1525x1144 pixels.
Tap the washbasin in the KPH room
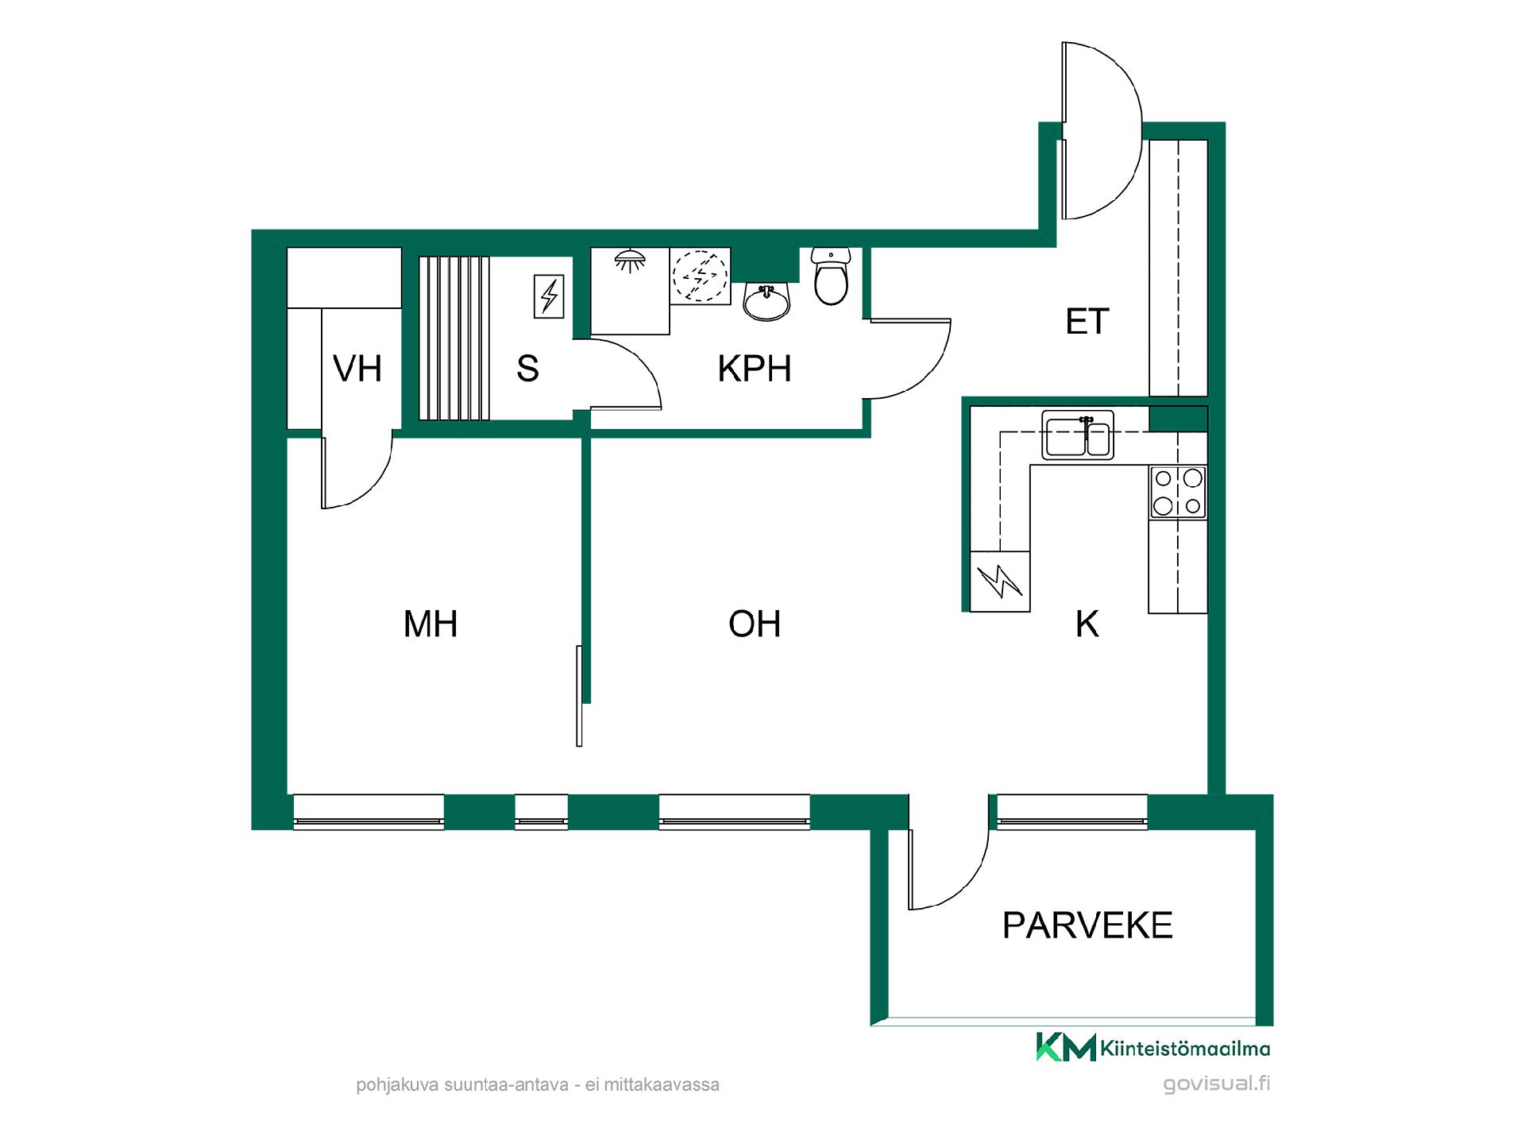[x=766, y=301]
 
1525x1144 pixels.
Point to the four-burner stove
[x=1178, y=493]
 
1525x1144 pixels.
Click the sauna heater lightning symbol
[x=549, y=296]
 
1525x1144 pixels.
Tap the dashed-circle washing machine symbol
[x=700, y=276]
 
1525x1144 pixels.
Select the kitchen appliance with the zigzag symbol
[x=1000, y=581]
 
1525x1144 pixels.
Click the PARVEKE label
[x=1087, y=926]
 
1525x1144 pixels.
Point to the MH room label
[x=430, y=624]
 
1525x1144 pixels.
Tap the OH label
[x=755, y=624]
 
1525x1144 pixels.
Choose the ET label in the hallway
[x=1087, y=322]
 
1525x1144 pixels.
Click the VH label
[x=357, y=369]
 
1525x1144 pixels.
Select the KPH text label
[x=755, y=369]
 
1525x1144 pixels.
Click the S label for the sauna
[x=527, y=369]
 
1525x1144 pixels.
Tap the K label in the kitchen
[x=1087, y=624]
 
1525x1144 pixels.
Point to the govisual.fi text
[x=1216, y=1084]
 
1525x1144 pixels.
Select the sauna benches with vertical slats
[x=454, y=337]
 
